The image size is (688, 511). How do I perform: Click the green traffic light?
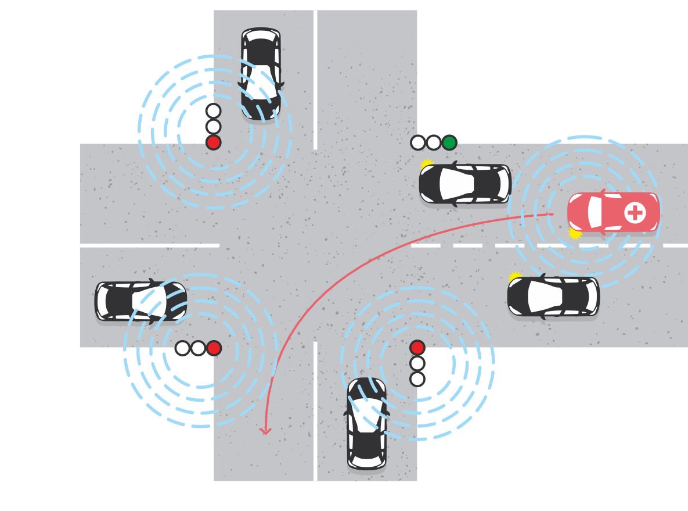449,142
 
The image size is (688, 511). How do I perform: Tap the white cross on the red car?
635,213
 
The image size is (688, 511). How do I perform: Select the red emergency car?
613,213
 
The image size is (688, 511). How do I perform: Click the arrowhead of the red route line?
265,431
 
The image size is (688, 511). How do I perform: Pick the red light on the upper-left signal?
213,142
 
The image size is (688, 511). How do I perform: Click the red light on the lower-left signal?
214,348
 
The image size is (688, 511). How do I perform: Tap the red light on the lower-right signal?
417,348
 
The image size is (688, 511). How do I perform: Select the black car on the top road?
261,74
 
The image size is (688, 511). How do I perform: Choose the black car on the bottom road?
366,424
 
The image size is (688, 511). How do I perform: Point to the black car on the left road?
141,301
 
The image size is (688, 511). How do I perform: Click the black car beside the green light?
464,184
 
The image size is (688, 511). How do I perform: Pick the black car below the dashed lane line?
553,296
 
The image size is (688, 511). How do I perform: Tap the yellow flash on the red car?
575,233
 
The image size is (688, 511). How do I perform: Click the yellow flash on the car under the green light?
427,165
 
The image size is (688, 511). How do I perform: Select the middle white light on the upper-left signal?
213,127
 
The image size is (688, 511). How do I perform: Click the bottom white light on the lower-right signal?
417,379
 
